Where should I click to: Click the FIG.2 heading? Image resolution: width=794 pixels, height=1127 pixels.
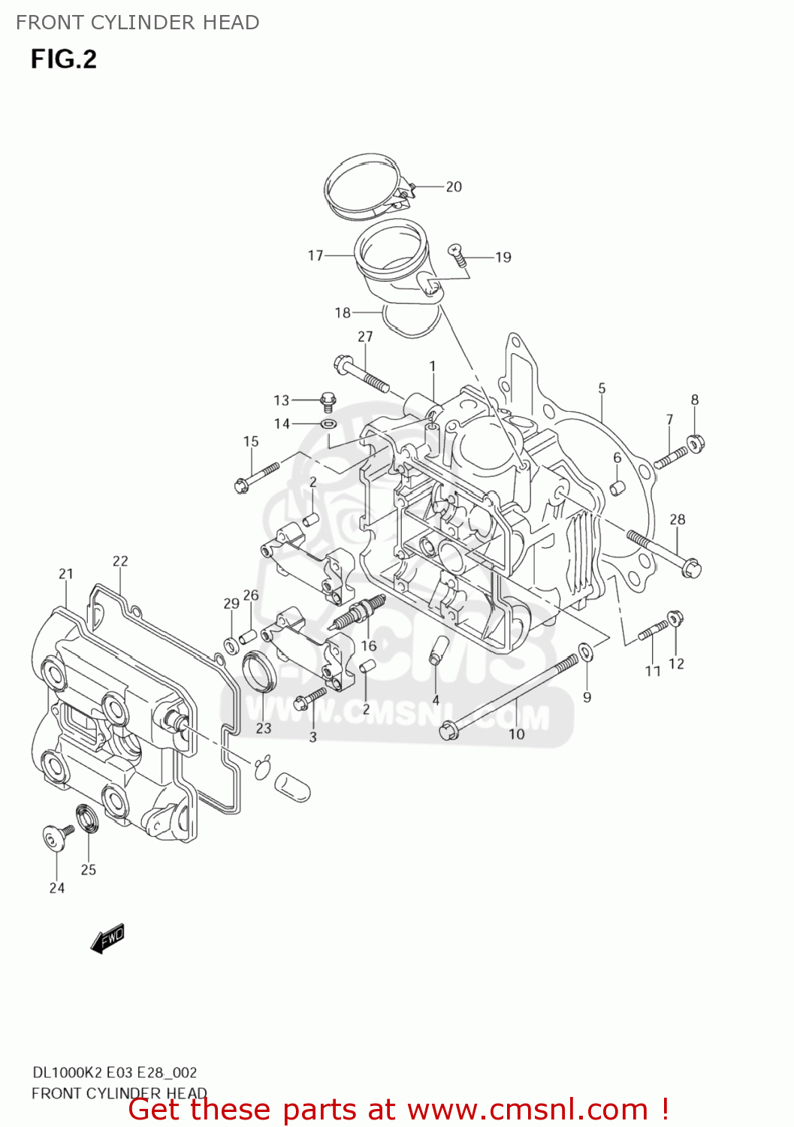(64, 59)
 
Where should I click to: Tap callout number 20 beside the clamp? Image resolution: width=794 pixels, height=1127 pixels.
(454, 186)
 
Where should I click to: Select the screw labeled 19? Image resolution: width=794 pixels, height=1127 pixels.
(457, 254)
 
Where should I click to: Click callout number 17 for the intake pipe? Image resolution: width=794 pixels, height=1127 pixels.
(315, 255)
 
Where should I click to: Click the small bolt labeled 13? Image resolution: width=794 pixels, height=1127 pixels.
(328, 401)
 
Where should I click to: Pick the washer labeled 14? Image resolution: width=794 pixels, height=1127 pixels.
(328, 425)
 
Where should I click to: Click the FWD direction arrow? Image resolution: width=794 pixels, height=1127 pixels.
(107, 938)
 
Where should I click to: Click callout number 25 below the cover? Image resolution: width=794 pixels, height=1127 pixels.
(89, 869)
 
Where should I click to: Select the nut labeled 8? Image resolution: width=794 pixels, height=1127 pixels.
(696, 444)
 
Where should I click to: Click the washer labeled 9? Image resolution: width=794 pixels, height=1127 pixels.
(585, 651)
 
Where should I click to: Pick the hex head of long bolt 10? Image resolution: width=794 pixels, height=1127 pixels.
(448, 730)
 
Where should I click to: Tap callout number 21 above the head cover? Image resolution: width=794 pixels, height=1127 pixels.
(66, 574)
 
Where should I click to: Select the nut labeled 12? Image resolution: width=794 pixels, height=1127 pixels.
(675, 619)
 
